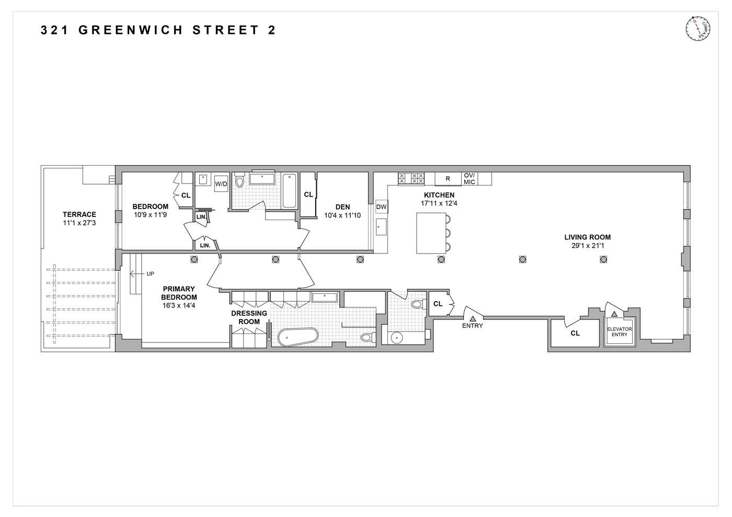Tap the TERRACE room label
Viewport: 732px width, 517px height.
79,214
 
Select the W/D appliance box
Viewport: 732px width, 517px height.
221,184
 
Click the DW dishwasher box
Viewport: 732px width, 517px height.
382,207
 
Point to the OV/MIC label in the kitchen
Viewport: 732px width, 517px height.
469,179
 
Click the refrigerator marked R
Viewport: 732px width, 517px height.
448,179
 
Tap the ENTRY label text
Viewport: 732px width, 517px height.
472,326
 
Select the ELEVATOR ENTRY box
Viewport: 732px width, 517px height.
620,331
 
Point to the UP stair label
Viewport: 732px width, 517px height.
151,273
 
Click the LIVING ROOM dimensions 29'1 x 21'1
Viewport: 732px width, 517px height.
587,246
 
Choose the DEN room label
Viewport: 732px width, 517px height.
342,207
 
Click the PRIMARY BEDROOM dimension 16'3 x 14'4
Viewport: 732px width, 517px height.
179,306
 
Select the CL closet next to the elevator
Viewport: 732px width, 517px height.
575,333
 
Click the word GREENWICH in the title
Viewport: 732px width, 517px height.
131,30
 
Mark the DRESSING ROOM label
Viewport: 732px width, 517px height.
249,317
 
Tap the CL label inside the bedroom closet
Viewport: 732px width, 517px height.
186,195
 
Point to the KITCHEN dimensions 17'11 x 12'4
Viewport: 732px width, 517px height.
439,203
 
